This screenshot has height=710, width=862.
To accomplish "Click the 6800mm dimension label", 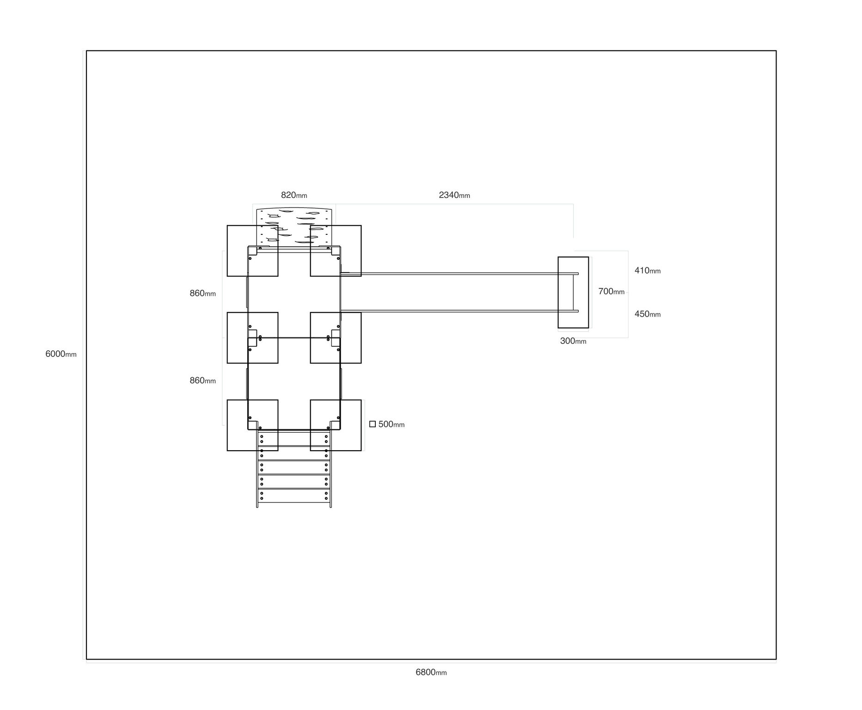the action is [x=431, y=673].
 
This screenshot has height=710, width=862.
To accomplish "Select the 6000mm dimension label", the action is [x=61, y=354].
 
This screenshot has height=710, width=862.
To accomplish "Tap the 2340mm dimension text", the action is [x=454, y=195].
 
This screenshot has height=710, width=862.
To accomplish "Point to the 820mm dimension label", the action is [x=294, y=195].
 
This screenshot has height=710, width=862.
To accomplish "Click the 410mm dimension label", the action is [x=648, y=270].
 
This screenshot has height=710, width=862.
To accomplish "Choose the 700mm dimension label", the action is [x=611, y=291].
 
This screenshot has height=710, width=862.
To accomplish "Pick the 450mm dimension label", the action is [x=648, y=314].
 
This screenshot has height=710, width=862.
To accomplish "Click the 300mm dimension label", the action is [x=573, y=341].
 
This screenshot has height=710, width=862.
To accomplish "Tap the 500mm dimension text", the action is [x=391, y=424].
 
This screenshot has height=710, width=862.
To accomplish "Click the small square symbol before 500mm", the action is [x=373, y=424].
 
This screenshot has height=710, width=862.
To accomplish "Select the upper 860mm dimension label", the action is [x=202, y=293].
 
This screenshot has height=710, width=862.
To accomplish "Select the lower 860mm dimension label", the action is [x=202, y=380].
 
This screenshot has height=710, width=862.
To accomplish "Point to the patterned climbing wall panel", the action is [x=294, y=227].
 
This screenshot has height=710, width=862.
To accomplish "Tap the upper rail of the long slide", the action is [x=459, y=274].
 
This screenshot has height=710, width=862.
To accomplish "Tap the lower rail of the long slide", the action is [x=459, y=311].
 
